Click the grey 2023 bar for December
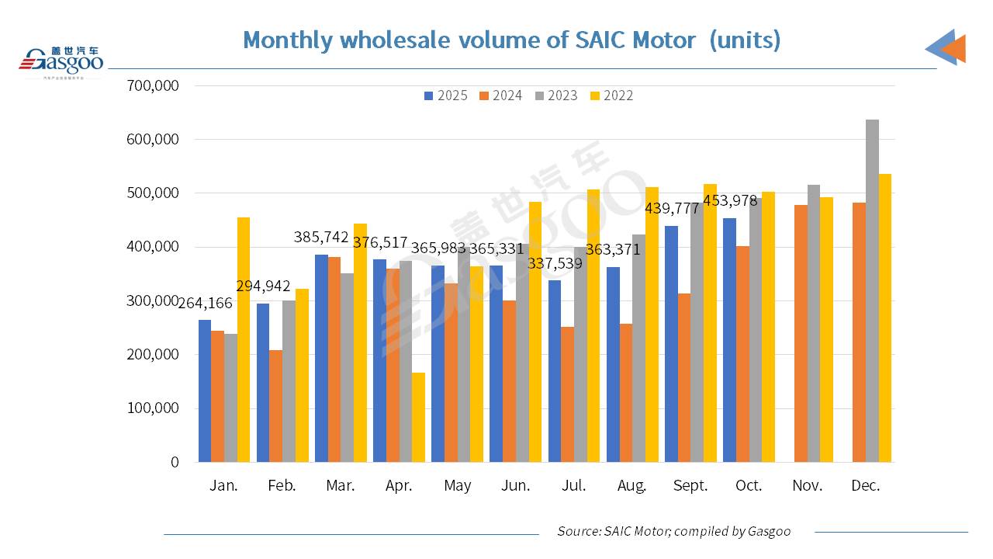coord(872,291)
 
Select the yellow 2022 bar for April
coord(418,418)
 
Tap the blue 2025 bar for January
coord(205,391)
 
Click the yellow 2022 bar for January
coord(244,340)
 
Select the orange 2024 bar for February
coord(276,406)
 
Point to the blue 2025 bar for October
coord(729,340)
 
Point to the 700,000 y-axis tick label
coord(152,85)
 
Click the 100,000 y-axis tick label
coord(152,408)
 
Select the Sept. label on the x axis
coord(690,486)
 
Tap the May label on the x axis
coord(458,486)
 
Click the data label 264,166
coord(206,304)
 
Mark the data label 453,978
coord(730,202)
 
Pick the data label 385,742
coord(321,238)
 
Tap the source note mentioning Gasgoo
coord(673,531)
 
